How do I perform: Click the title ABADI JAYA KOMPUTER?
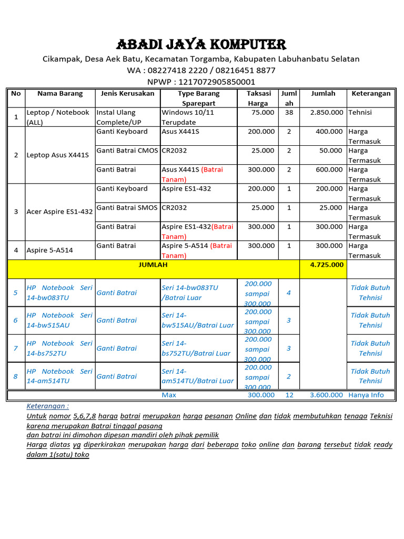pos(201,44)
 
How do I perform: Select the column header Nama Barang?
pos(60,94)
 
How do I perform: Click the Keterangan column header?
pos(371,94)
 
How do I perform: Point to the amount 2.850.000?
pos(327,113)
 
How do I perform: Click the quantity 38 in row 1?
pos(289,113)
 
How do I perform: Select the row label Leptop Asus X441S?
pos(58,155)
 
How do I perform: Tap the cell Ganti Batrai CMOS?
pos(127,151)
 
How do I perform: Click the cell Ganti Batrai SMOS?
pos(127,208)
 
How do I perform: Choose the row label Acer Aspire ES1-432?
pos(59,212)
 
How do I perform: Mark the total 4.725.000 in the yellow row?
pos(327,265)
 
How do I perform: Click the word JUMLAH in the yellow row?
pos(153,265)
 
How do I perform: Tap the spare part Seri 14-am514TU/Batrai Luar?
pos(197,376)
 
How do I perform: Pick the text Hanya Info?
pos(366,395)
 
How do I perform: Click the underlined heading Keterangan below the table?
pos(47,406)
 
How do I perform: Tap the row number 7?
pos(16,348)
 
